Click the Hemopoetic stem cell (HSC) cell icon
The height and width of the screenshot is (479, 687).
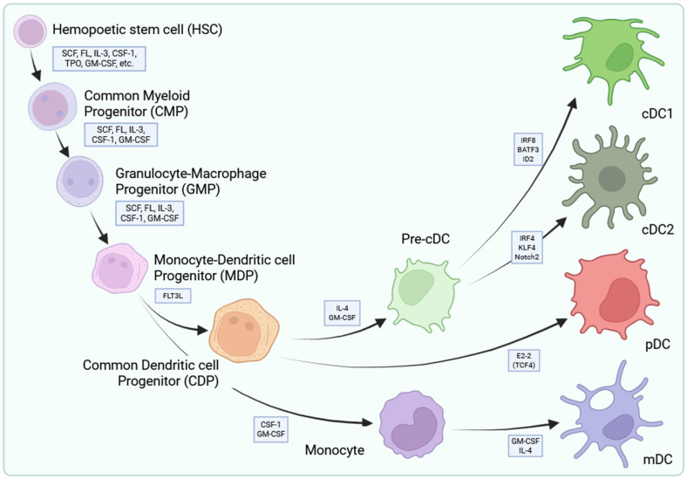coord(31,31)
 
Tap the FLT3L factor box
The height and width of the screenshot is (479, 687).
coord(173,296)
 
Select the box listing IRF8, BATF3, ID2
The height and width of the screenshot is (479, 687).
coord(528,149)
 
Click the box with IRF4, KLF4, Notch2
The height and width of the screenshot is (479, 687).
coord(527,248)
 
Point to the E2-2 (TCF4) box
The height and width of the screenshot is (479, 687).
coord(524,360)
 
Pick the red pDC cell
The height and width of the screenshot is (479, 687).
coord(612,294)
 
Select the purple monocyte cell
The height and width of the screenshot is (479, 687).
coord(412,423)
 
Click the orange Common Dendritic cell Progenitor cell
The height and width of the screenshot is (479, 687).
coord(244,330)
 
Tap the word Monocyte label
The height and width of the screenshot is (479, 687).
coord(335,450)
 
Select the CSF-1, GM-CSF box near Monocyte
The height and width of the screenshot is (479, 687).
coord(271,429)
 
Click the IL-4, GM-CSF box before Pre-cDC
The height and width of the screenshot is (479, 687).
coord(342,312)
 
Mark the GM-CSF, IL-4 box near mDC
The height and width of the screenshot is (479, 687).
coord(526,446)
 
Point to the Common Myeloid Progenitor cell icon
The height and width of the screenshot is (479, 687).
coord(50,106)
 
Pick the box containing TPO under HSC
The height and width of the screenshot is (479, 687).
coord(99,58)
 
